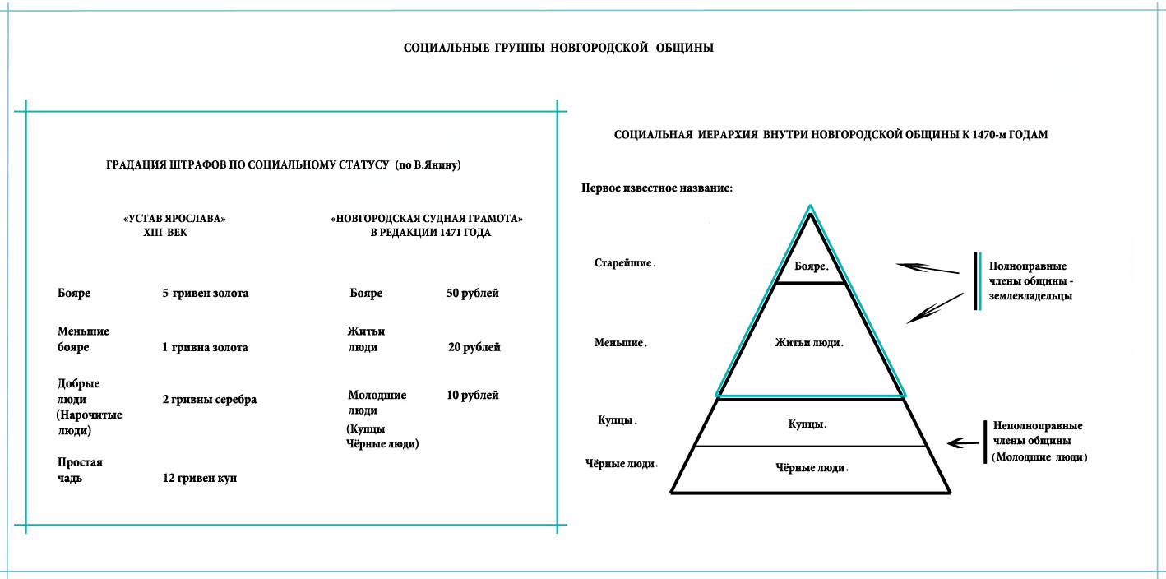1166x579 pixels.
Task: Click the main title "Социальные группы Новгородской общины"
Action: [558, 48]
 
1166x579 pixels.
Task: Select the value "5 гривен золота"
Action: [205, 293]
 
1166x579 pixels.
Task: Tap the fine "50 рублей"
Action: [473, 293]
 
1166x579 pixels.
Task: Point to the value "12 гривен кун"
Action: [199, 478]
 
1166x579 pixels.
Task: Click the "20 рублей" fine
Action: [474, 347]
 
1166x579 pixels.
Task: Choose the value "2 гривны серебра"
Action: [209, 400]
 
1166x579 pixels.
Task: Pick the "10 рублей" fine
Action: [473, 396]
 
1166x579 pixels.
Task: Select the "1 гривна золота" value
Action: [205, 347]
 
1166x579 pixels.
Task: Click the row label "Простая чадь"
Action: [80, 470]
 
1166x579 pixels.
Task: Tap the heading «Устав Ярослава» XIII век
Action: [174, 225]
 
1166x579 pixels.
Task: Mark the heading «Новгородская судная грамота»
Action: [427, 219]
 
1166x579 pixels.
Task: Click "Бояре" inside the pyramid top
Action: [811, 266]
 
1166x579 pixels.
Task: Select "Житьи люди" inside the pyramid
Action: [809, 343]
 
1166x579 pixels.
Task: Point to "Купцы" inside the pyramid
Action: [807, 424]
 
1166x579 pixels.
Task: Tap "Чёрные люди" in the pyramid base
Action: [812, 468]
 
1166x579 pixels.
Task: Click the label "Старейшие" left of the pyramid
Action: [625, 263]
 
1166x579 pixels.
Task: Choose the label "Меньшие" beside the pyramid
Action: [621, 343]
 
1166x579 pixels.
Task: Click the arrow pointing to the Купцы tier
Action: [962, 443]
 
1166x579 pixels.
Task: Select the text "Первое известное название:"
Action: [657, 188]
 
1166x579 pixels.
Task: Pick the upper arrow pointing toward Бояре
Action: [927, 268]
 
